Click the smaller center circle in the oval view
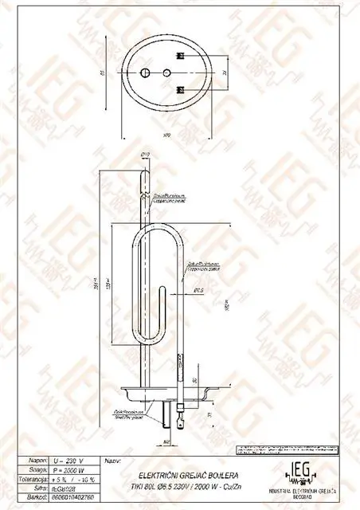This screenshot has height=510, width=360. (x=166, y=73)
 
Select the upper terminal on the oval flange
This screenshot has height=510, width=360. (x=181, y=56)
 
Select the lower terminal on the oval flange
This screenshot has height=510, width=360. (x=181, y=88)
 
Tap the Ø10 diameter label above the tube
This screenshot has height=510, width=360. (x=146, y=155)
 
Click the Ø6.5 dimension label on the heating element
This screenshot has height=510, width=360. (x=199, y=292)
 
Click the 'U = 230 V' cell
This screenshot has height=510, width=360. (x=72, y=461)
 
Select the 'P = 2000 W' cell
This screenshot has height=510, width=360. (x=72, y=470)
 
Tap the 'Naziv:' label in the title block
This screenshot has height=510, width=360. (x=113, y=461)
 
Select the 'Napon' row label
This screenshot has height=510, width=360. (x=37, y=461)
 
